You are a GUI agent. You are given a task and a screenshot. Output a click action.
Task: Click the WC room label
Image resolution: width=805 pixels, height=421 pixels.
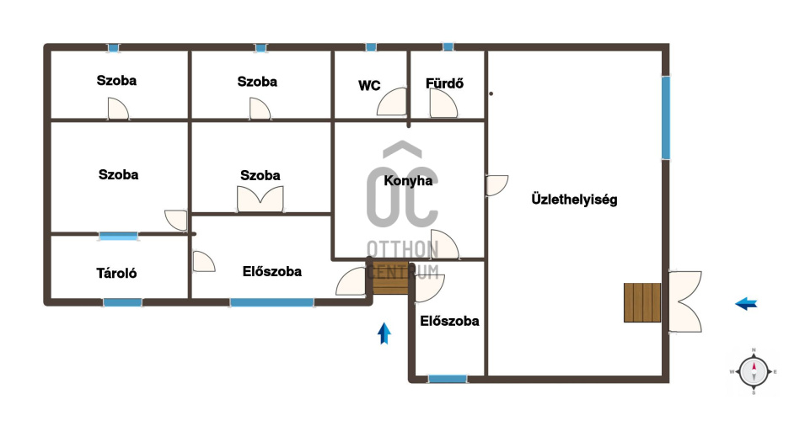(369, 85)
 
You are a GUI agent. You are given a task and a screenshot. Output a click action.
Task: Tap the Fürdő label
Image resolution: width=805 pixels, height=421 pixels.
(444, 83)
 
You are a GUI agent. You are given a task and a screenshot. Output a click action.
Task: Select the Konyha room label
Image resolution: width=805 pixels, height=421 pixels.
(408, 180)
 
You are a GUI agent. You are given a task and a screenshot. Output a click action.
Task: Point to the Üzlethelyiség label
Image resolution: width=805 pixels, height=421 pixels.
(574, 199)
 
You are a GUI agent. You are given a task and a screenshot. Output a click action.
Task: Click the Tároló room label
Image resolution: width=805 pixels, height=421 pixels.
(116, 273)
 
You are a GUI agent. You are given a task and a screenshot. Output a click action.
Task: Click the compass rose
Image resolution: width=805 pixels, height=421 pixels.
(754, 371)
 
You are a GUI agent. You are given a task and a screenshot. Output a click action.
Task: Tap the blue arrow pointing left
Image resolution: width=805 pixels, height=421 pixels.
(746, 304)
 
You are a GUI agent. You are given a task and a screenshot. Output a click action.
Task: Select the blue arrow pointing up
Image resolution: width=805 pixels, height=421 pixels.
(384, 333)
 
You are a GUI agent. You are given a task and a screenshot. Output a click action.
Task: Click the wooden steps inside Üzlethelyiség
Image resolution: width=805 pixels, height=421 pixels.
(642, 302)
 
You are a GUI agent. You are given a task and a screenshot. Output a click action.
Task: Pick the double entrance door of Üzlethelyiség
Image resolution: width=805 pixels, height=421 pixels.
(684, 301)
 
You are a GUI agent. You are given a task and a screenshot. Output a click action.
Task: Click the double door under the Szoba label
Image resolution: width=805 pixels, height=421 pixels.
(260, 199)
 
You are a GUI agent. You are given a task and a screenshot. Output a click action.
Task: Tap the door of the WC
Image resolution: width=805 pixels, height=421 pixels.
(392, 102)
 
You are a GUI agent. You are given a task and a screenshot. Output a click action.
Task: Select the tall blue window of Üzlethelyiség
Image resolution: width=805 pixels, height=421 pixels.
(665, 117)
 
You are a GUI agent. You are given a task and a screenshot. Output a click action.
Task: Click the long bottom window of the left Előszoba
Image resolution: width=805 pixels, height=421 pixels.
(271, 302)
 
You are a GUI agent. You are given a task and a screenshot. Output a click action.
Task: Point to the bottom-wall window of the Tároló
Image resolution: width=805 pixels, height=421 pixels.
(123, 302)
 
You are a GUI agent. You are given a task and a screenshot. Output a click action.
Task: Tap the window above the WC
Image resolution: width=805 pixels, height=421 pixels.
(371, 47)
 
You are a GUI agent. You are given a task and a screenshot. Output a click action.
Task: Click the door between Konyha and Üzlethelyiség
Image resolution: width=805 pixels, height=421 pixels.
(496, 185)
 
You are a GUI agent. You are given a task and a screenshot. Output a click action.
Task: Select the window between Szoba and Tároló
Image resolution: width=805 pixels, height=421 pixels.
(119, 236)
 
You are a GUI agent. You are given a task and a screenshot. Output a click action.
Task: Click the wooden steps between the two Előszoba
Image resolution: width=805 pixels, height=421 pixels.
(390, 278)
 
